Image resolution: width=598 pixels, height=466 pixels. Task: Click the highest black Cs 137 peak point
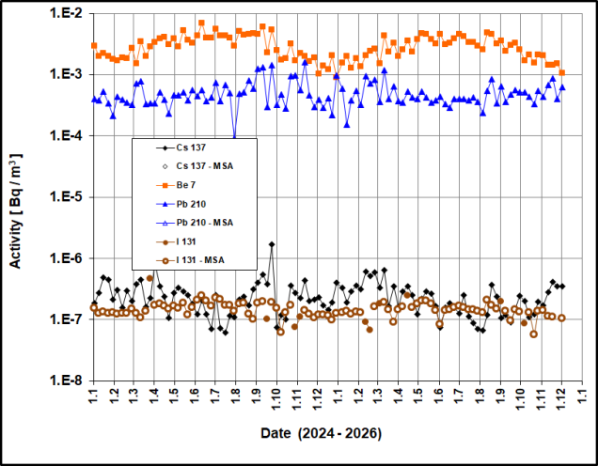272,244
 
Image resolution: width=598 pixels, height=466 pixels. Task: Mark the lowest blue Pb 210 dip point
235,136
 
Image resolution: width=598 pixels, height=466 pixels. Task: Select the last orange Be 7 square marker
562,72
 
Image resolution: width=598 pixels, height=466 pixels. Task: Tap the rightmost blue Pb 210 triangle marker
562,87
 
